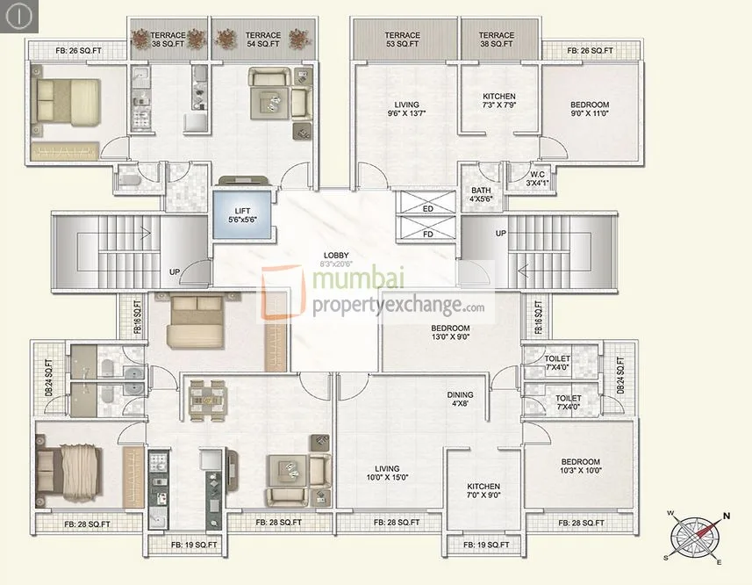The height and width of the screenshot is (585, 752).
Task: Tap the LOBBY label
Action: [336, 257]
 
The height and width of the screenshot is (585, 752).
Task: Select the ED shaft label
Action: [427, 209]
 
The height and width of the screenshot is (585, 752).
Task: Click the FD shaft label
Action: [427, 234]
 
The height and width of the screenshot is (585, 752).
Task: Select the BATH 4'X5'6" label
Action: [481, 194]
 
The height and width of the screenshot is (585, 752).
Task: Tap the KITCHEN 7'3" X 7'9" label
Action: [499, 101]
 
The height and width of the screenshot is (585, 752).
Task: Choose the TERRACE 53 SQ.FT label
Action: [402, 40]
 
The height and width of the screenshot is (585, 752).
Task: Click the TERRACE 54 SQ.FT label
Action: [262, 40]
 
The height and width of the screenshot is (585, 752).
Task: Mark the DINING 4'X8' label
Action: [460, 400]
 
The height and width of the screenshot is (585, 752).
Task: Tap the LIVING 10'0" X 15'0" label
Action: [386, 473]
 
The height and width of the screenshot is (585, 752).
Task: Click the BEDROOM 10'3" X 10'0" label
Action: [581, 466]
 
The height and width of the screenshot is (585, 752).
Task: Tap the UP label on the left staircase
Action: [175, 272]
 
